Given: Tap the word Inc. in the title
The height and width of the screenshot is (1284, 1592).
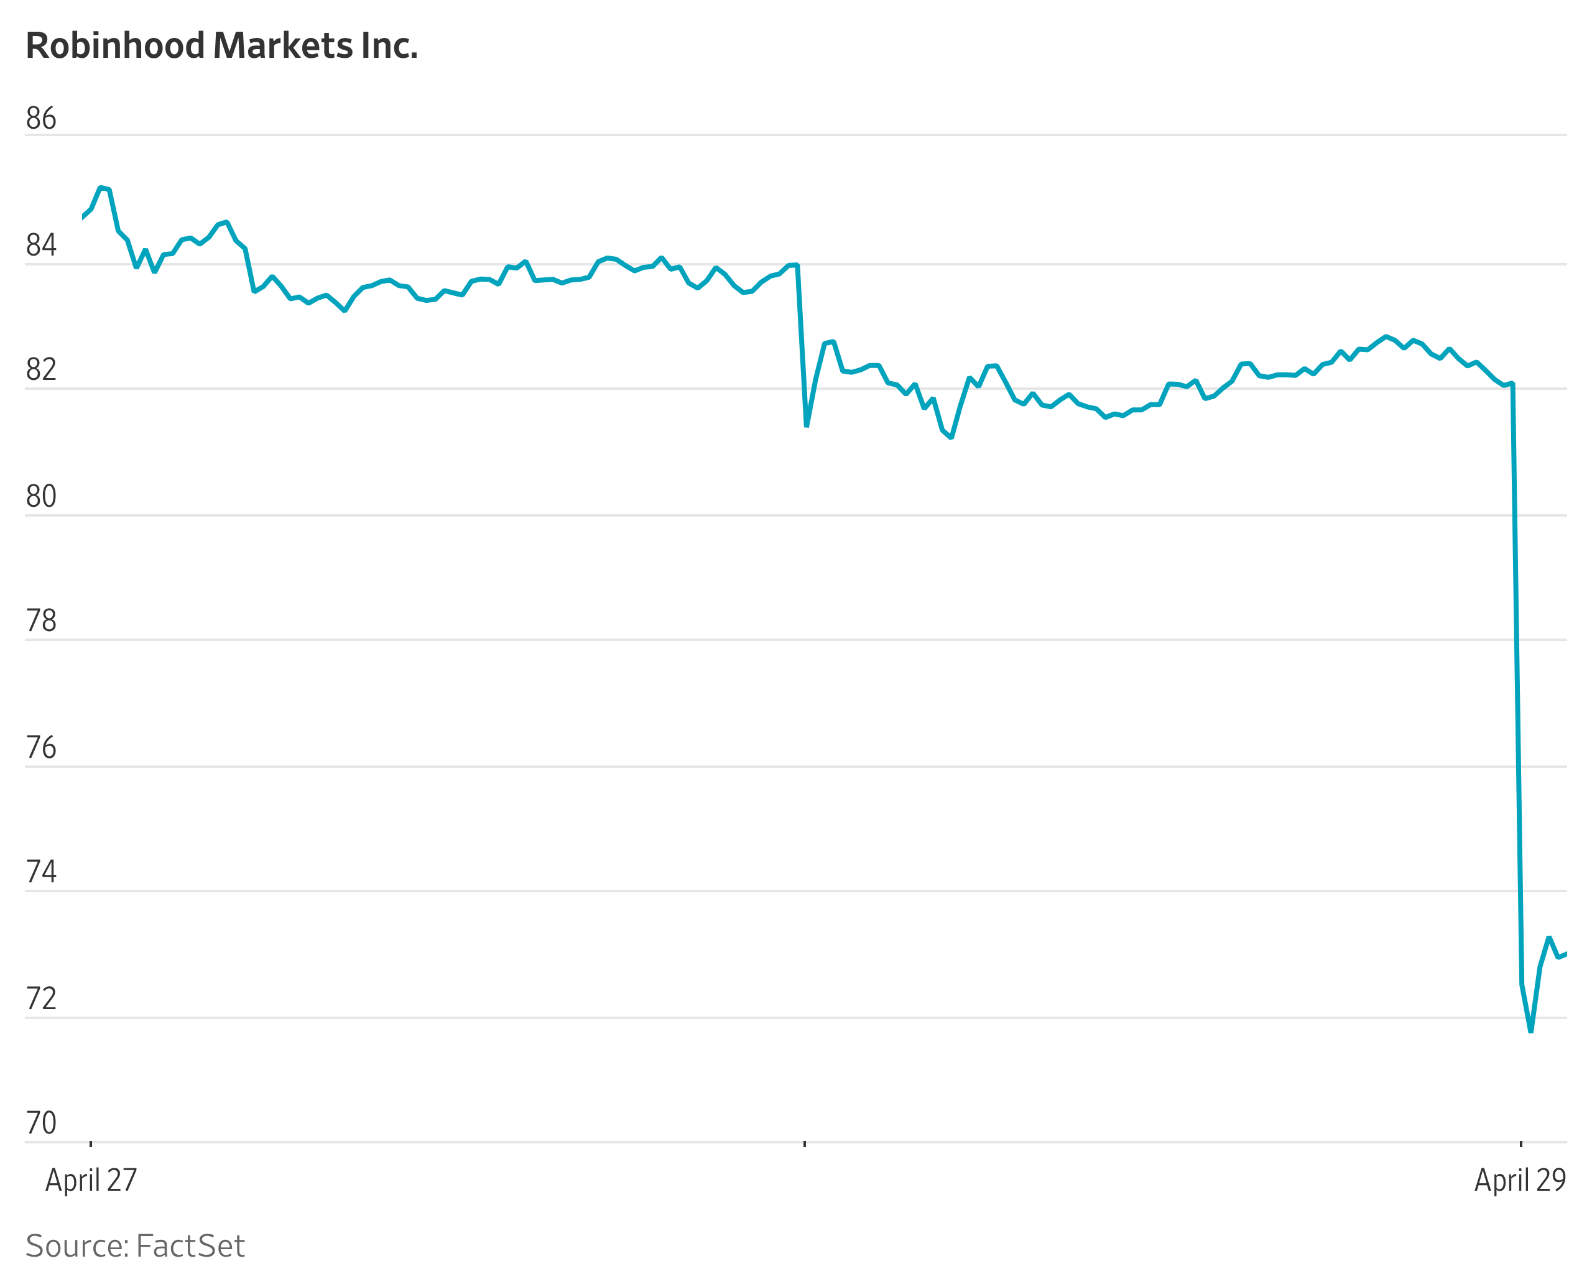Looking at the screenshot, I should coord(389,46).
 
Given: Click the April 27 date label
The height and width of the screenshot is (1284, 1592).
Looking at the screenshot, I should coord(91,1180).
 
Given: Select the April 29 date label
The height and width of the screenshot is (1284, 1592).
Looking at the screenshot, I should coord(1520,1180).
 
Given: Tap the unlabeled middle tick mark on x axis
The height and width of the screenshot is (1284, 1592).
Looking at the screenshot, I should coord(804,1144).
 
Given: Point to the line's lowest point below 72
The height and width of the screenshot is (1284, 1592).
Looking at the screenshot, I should coord(1530,1031).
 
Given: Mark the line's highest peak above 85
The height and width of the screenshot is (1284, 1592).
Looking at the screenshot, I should coord(101,188).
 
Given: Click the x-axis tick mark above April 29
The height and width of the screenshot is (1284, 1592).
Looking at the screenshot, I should coord(1520,1144).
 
